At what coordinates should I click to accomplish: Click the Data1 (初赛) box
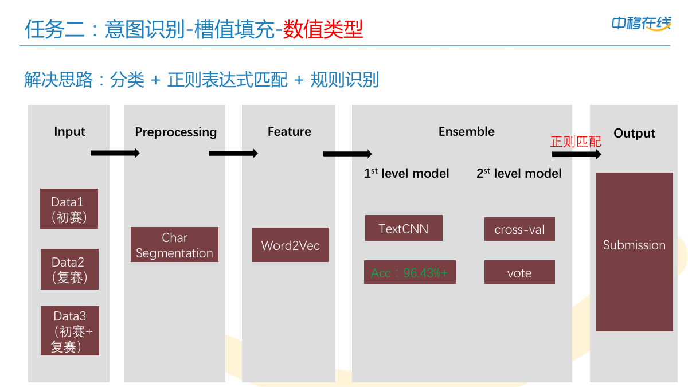69,209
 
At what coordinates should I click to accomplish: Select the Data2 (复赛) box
69,269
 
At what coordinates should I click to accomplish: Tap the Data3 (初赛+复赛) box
69,331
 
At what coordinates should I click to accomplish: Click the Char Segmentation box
174,245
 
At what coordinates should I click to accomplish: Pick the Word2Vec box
290,245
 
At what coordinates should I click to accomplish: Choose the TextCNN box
404,228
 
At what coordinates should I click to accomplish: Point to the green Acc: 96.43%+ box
409,272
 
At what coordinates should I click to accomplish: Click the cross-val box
519,229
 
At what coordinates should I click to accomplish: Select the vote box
519,272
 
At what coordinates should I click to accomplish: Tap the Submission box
634,252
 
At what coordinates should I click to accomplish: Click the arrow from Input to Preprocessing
115,153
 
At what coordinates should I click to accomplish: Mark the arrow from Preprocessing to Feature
233,153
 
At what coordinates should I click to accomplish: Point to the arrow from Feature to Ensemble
347,154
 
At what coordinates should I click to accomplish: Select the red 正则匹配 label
576,141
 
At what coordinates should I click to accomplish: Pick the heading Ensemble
466,131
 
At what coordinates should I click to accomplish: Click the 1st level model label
406,173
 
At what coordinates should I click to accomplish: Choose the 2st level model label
519,173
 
